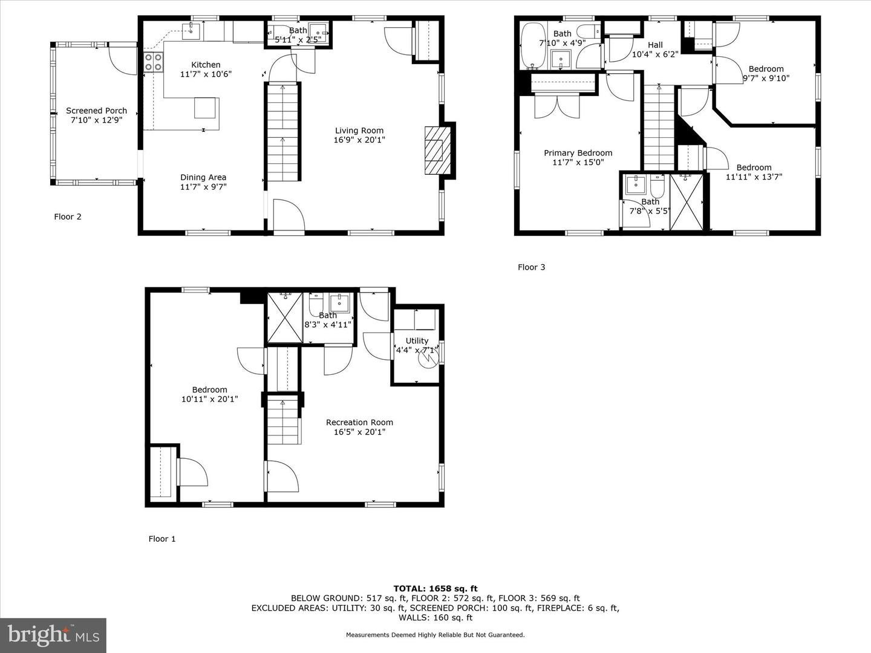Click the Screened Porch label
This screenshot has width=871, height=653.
[96, 111]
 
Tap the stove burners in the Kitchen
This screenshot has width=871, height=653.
[154, 63]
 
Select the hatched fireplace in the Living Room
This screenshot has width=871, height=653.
[435, 149]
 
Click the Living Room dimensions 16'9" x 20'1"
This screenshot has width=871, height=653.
[359, 140]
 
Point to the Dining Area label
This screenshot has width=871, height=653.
[203, 177]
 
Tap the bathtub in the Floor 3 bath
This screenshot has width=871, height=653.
[531, 45]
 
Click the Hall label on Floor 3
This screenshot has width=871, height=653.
[655, 45]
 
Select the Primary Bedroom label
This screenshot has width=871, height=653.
[578, 153]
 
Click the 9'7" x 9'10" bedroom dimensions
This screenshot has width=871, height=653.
[766, 78]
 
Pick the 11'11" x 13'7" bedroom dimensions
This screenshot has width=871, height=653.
[754, 177]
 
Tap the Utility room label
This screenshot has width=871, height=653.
[417, 340]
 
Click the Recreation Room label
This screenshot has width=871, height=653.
[359, 422]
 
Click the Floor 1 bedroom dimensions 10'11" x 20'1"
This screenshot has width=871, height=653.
[209, 399]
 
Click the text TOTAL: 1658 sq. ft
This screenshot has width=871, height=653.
[435, 588]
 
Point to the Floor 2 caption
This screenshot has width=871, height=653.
[68, 216]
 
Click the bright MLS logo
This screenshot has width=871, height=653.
[53, 635]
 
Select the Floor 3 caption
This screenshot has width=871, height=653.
[531, 267]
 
